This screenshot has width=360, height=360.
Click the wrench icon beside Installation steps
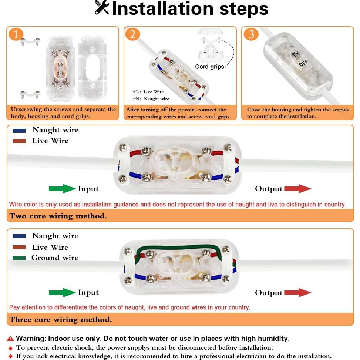click(x=102, y=8)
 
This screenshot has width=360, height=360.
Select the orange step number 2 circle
click(x=132, y=34)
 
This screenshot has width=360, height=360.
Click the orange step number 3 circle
click(x=251, y=34)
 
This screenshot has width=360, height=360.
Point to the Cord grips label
click(x=209, y=67)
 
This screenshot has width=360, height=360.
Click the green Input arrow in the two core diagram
click(x=62, y=189)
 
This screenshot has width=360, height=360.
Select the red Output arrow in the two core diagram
click(x=298, y=189)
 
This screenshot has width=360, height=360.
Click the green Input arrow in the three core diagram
click(x=62, y=292)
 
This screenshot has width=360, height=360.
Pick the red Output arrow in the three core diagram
click(x=298, y=293)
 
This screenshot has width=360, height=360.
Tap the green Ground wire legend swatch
click(x=19, y=258)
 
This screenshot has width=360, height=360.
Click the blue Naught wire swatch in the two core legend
click(x=19, y=131)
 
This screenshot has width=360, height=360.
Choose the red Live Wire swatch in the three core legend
click(x=19, y=247)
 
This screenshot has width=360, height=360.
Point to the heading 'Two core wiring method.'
click(x=58, y=216)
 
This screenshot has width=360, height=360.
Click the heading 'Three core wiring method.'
click(x=61, y=319)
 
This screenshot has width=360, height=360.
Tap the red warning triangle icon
click(x=10, y=339)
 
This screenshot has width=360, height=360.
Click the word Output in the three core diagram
click(x=269, y=293)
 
